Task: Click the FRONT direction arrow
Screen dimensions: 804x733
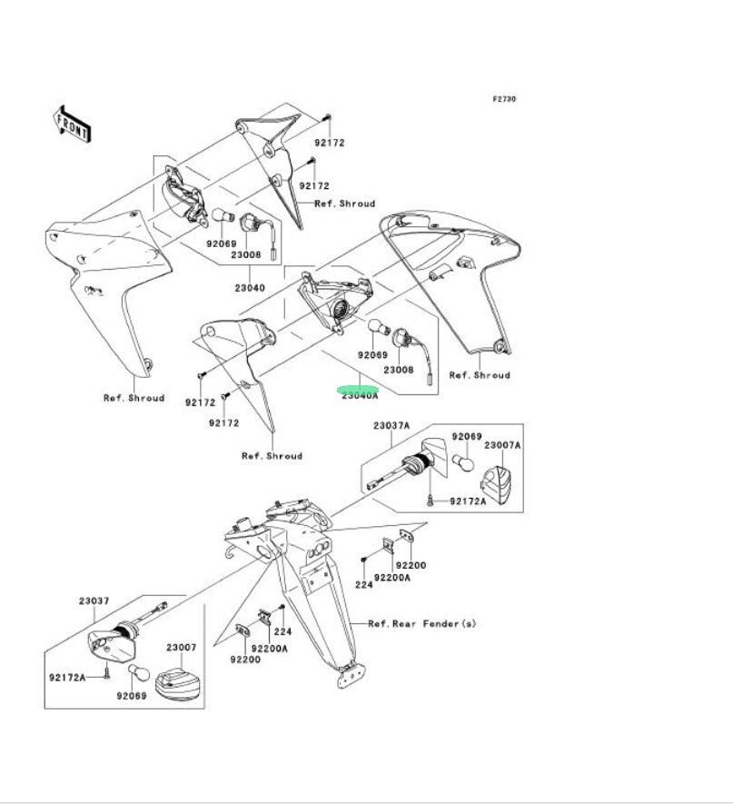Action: pyautogui.click(x=72, y=124)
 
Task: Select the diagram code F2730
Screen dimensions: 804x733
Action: pyautogui.click(x=504, y=99)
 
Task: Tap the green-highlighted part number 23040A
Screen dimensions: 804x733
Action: pyautogui.click(x=360, y=394)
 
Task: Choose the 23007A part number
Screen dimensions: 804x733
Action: pyautogui.click(x=502, y=445)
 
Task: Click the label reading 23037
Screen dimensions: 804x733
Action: pyautogui.click(x=94, y=601)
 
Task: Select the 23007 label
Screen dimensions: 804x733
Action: pyautogui.click(x=181, y=648)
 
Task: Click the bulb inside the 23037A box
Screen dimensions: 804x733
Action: pyautogui.click(x=466, y=464)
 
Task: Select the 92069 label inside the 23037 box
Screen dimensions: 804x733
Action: pyautogui.click(x=130, y=697)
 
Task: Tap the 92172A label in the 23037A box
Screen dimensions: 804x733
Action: pyautogui.click(x=469, y=501)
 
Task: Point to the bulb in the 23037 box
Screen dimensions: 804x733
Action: pyautogui.click(x=138, y=672)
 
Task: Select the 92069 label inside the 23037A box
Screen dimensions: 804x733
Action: pyautogui.click(x=466, y=437)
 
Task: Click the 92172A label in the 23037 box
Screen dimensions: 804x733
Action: pyautogui.click(x=67, y=677)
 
